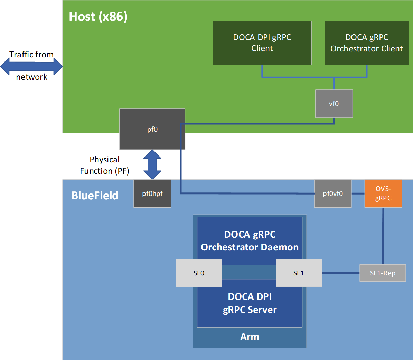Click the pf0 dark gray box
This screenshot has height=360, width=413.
point(152,129)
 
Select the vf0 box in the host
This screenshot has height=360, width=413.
point(334,104)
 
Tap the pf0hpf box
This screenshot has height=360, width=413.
point(152,193)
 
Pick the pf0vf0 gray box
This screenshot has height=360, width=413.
point(333,193)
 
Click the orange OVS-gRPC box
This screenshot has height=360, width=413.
point(383,193)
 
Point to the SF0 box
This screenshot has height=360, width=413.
point(199,273)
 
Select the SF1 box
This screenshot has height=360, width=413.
point(299,273)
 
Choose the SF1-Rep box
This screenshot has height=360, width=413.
point(383,273)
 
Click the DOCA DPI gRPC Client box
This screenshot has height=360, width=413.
point(262,43)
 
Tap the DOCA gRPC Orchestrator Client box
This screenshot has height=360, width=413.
point(367,43)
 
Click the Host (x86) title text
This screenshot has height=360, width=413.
point(98,17)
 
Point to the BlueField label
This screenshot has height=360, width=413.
point(95,196)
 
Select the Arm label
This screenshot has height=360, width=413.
point(250,337)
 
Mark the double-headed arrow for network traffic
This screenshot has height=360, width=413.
point(31,66)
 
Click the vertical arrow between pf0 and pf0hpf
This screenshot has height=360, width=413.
point(152,164)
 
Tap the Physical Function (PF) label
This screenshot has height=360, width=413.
point(104,165)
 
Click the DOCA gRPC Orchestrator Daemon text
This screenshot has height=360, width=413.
point(250,241)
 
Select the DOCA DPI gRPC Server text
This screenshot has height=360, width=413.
point(250,303)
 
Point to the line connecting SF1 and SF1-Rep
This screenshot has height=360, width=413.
point(341,273)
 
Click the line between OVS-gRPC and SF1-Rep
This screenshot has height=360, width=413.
point(383,236)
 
